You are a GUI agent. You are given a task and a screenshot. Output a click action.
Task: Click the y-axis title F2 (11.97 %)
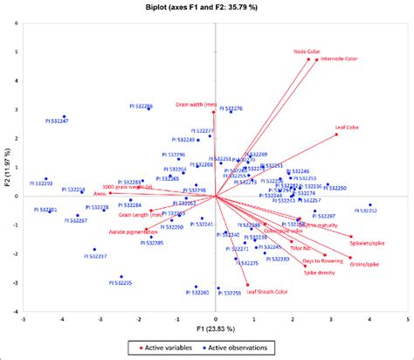tap(8, 168)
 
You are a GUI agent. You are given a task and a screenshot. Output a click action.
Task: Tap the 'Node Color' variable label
tap(306, 52)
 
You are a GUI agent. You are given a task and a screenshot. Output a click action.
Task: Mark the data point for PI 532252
tap(369, 204)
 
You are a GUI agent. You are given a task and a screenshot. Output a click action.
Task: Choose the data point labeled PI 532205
tap(121, 277)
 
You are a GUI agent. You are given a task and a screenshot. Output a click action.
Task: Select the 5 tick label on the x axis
tap(408, 320)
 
